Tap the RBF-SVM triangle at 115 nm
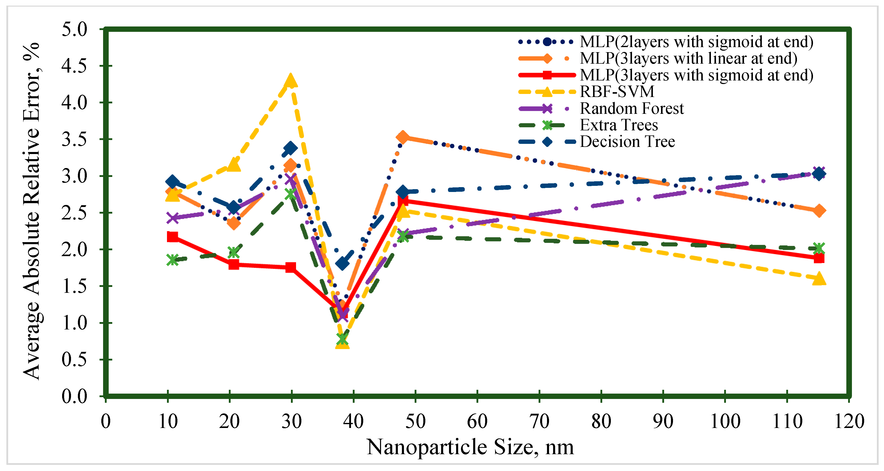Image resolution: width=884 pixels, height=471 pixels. point(819,279)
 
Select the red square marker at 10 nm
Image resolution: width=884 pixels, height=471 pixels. point(173,237)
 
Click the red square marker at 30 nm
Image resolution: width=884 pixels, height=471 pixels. point(291,267)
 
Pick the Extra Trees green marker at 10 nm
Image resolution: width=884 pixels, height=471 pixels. point(173,260)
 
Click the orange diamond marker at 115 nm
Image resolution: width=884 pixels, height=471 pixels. point(819,211)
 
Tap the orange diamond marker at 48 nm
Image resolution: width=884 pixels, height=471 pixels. point(403,137)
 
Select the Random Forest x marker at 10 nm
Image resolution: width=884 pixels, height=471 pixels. point(173,218)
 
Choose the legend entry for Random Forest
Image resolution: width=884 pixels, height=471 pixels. point(632,108)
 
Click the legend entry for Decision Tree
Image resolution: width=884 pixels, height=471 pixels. point(627,142)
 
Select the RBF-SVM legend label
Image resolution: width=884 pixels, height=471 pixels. point(617,92)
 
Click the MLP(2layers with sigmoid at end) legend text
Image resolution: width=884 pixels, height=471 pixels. point(696,42)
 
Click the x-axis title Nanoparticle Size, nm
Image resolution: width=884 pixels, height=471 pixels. point(470,447)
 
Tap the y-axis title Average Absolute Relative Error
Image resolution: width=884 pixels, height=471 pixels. point(32,211)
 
